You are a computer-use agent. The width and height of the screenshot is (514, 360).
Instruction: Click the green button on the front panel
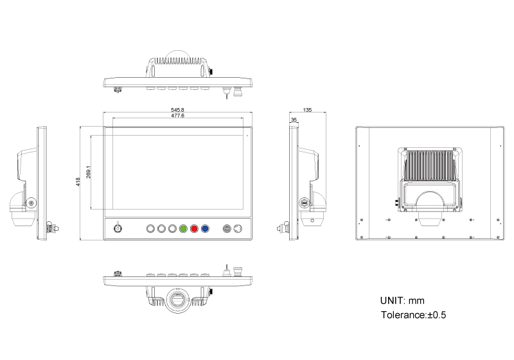[x=183, y=228]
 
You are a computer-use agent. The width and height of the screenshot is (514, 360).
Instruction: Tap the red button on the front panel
[x=194, y=228]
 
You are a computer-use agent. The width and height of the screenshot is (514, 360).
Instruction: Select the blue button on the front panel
[x=205, y=228]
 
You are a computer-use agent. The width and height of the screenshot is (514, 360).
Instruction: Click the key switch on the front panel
[x=118, y=228]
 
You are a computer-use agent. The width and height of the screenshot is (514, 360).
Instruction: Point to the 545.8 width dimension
[x=178, y=110]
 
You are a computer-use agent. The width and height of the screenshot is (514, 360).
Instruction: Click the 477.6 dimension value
[x=178, y=116]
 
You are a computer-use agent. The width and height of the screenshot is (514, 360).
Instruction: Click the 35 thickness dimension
[x=294, y=120]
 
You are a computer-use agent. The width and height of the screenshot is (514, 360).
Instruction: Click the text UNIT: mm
[x=403, y=301]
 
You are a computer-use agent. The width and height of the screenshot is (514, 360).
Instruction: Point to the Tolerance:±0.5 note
[x=413, y=315]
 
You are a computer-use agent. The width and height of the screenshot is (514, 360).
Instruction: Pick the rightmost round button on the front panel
[x=238, y=228]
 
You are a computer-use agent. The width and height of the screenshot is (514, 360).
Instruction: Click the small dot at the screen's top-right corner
[x=246, y=136]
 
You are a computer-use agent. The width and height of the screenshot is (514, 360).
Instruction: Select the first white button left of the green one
[x=172, y=228]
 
